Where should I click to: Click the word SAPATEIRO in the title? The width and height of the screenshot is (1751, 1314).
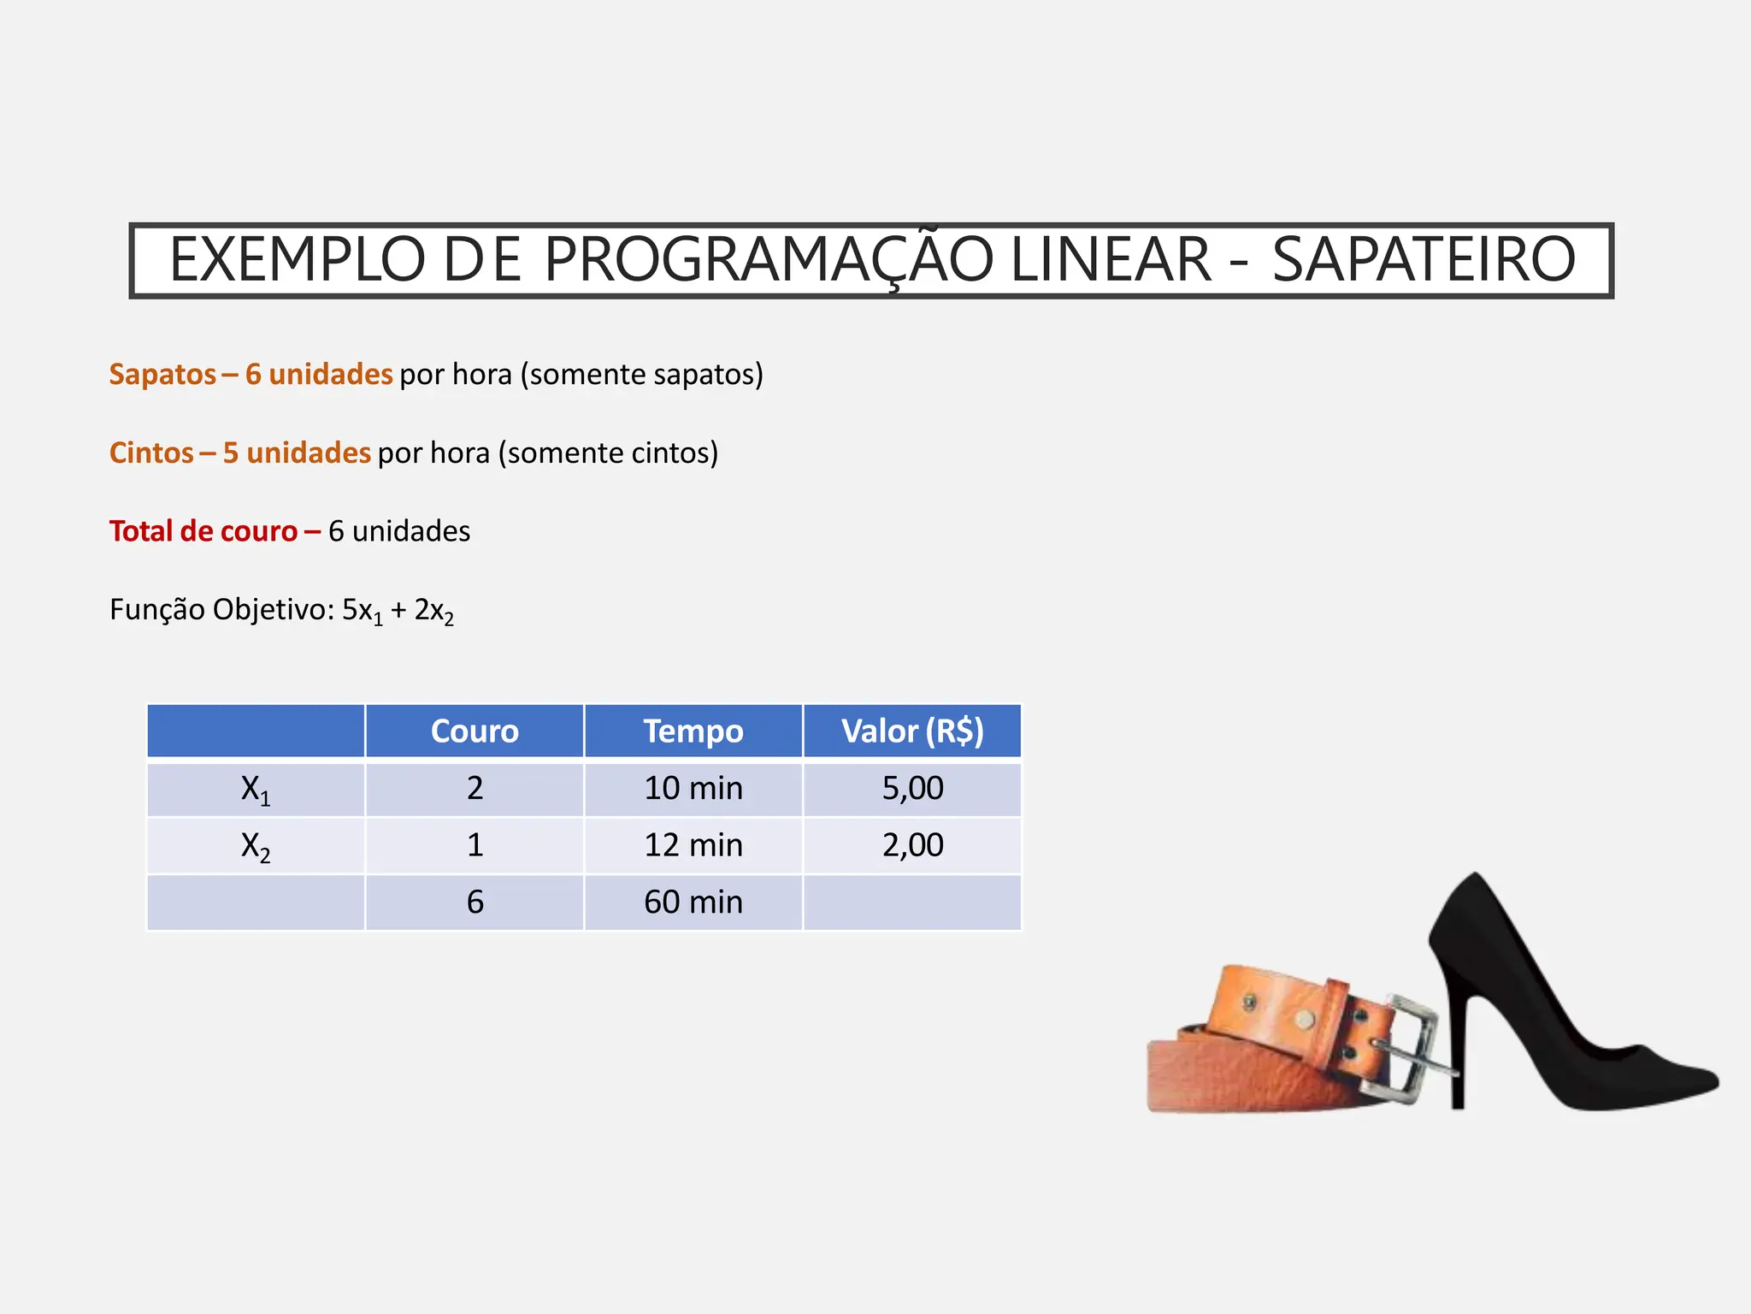point(1424,259)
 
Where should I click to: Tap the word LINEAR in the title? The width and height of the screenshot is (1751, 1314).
point(1111,259)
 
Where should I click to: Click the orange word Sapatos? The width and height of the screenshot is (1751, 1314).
point(162,375)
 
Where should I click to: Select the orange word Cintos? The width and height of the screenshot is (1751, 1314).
point(151,453)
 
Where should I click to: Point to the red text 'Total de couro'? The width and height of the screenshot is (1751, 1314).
point(203,531)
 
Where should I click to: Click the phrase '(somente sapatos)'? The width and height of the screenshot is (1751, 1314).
point(642,375)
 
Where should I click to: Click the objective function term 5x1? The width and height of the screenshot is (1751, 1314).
point(362,611)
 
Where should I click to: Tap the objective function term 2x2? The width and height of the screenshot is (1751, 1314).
point(433,611)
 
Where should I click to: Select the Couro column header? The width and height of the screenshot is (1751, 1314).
point(475,731)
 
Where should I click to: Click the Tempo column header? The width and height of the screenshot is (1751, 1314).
point(693,731)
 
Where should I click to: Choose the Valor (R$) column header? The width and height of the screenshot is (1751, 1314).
point(912,731)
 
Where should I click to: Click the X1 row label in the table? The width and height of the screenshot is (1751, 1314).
point(256,790)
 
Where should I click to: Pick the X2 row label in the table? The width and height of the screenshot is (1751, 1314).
point(256,846)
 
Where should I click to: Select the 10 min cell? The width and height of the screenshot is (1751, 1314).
point(693,789)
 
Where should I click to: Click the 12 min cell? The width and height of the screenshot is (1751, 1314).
point(693,846)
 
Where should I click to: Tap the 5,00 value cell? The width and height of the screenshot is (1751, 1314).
point(912,789)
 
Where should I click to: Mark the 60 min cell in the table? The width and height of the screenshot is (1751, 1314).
point(693,903)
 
